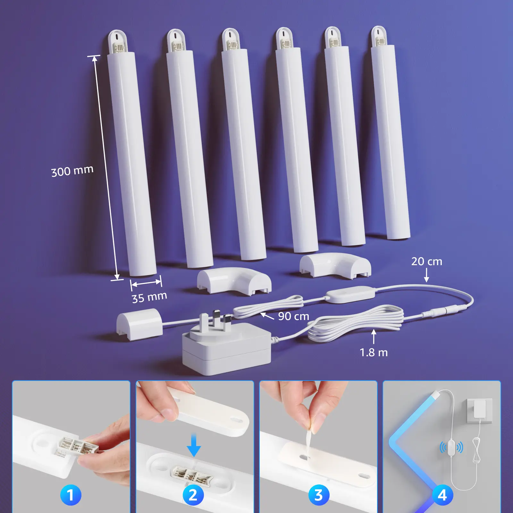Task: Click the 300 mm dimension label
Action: [72, 171]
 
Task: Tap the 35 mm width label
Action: [149, 297]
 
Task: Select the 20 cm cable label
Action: [427, 261]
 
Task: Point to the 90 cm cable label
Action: [293, 316]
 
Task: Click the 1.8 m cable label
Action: [374, 353]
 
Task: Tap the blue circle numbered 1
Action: [71, 495]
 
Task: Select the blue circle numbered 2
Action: [193, 495]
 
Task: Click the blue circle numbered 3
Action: [318, 495]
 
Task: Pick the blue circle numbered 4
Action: [442, 495]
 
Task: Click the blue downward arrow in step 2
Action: [194, 445]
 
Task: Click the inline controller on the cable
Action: [350, 294]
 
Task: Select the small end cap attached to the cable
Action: [139, 324]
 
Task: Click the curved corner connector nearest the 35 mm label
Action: [234, 281]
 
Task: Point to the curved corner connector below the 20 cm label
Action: [335, 265]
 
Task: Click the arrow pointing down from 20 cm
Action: [426, 275]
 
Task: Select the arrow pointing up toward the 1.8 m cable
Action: [374, 337]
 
